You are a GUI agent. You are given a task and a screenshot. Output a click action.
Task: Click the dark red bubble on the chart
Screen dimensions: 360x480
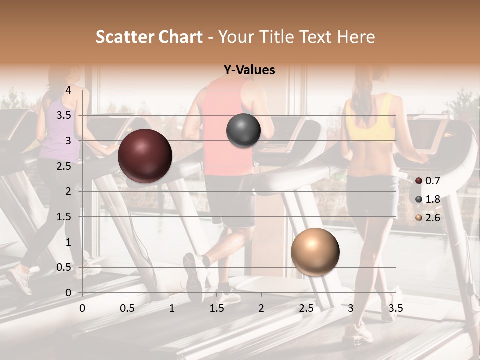coord(145,156)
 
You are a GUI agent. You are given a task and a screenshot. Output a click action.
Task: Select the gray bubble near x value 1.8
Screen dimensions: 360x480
coord(243,130)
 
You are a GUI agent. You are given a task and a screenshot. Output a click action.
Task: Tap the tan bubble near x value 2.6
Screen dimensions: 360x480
coord(315,252)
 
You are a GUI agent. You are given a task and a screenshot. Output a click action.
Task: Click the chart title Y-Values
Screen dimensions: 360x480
coord(249,70)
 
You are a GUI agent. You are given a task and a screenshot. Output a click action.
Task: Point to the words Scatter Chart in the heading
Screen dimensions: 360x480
coord(149,37)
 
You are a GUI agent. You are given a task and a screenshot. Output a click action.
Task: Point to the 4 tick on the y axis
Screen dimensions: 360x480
coord(68,90)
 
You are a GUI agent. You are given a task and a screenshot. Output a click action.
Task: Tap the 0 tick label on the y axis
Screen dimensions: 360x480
coord(68,292)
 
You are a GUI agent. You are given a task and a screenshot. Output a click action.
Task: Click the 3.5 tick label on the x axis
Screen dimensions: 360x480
coord(395,308)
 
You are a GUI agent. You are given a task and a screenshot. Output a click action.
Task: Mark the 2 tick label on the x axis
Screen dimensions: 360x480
coord(261,308)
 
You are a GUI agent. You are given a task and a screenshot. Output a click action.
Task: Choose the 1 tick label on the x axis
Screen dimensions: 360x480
coord(172,308)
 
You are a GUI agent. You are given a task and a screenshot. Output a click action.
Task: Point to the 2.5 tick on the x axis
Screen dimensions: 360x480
coord(306,308)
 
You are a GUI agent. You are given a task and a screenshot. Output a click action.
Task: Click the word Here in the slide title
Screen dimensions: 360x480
coord(355,37)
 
